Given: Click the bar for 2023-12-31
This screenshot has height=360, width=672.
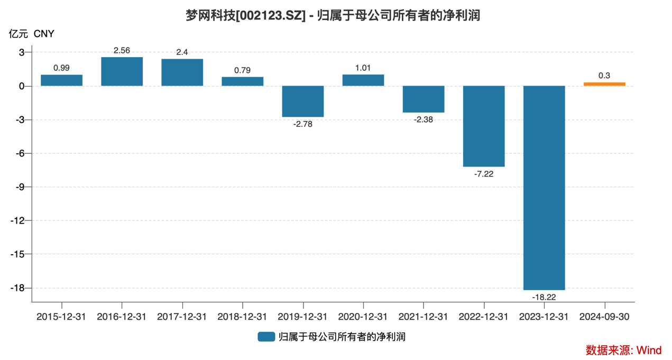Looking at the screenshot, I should tap(544, 188).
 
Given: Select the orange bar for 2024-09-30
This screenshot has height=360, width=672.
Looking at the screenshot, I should tap(604, 84).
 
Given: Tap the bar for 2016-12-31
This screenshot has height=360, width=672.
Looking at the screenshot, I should tap(122, 71).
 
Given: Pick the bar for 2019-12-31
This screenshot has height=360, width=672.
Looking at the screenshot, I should tap(303, 101).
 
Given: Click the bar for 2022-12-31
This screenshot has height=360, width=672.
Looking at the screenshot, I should tap(484, 126).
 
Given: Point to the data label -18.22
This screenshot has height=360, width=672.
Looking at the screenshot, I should tap(544, 297).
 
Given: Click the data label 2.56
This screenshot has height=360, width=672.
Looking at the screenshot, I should tap(122, 50).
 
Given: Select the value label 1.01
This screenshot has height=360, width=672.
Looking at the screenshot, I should tap(363, 68).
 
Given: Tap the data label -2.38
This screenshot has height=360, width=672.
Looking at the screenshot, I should tap(424, 119).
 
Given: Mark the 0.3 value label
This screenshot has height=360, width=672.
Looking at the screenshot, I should tap(604, 76).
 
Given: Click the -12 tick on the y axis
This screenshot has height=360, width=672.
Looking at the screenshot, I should tap(17, 220).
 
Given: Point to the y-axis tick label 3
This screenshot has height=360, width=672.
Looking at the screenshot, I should tap(22, 52).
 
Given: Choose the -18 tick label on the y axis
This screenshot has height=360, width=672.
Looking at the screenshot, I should tap(17, 288).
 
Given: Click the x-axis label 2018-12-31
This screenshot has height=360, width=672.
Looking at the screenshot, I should tap(243, 317).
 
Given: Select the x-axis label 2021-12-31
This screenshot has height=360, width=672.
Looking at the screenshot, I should tap(424, 317).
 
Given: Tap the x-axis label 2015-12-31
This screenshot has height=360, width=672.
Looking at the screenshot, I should tap(62, 317).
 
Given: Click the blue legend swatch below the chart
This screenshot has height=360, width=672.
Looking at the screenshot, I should tap(266, 337).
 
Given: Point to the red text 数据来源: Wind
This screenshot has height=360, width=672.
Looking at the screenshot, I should tap(623, 350).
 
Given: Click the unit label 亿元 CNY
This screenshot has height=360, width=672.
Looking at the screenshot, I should tap(32, 34).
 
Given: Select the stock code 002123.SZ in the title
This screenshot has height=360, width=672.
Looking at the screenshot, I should tap(270, 16).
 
